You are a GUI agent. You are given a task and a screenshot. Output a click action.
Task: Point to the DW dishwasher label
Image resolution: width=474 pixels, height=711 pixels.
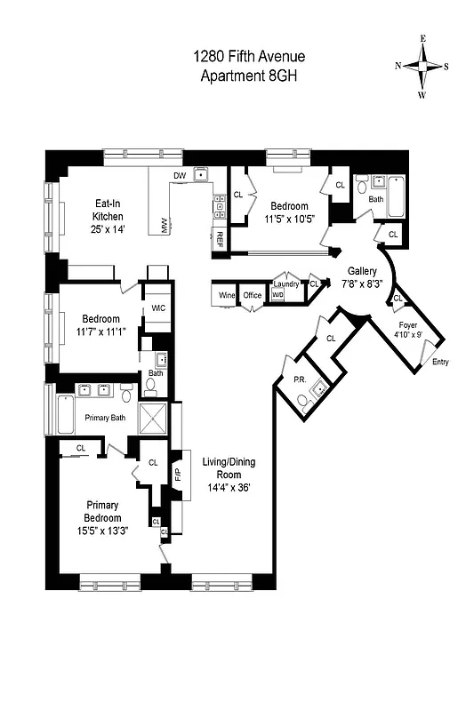click(180, 176)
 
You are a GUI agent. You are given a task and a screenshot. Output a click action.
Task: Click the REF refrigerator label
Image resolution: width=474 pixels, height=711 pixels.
click(219, 238)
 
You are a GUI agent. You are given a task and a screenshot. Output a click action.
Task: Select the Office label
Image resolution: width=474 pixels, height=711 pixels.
click(253, 295)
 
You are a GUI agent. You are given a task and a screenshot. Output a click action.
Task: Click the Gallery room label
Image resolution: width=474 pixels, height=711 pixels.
click(362, 272)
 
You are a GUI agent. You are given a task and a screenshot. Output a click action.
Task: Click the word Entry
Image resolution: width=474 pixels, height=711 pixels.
click(440, 363)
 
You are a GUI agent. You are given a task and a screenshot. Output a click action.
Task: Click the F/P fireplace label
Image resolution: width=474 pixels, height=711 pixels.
click(177, 474)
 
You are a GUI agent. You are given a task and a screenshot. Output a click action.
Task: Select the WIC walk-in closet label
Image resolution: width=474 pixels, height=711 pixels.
click(158, 308)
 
